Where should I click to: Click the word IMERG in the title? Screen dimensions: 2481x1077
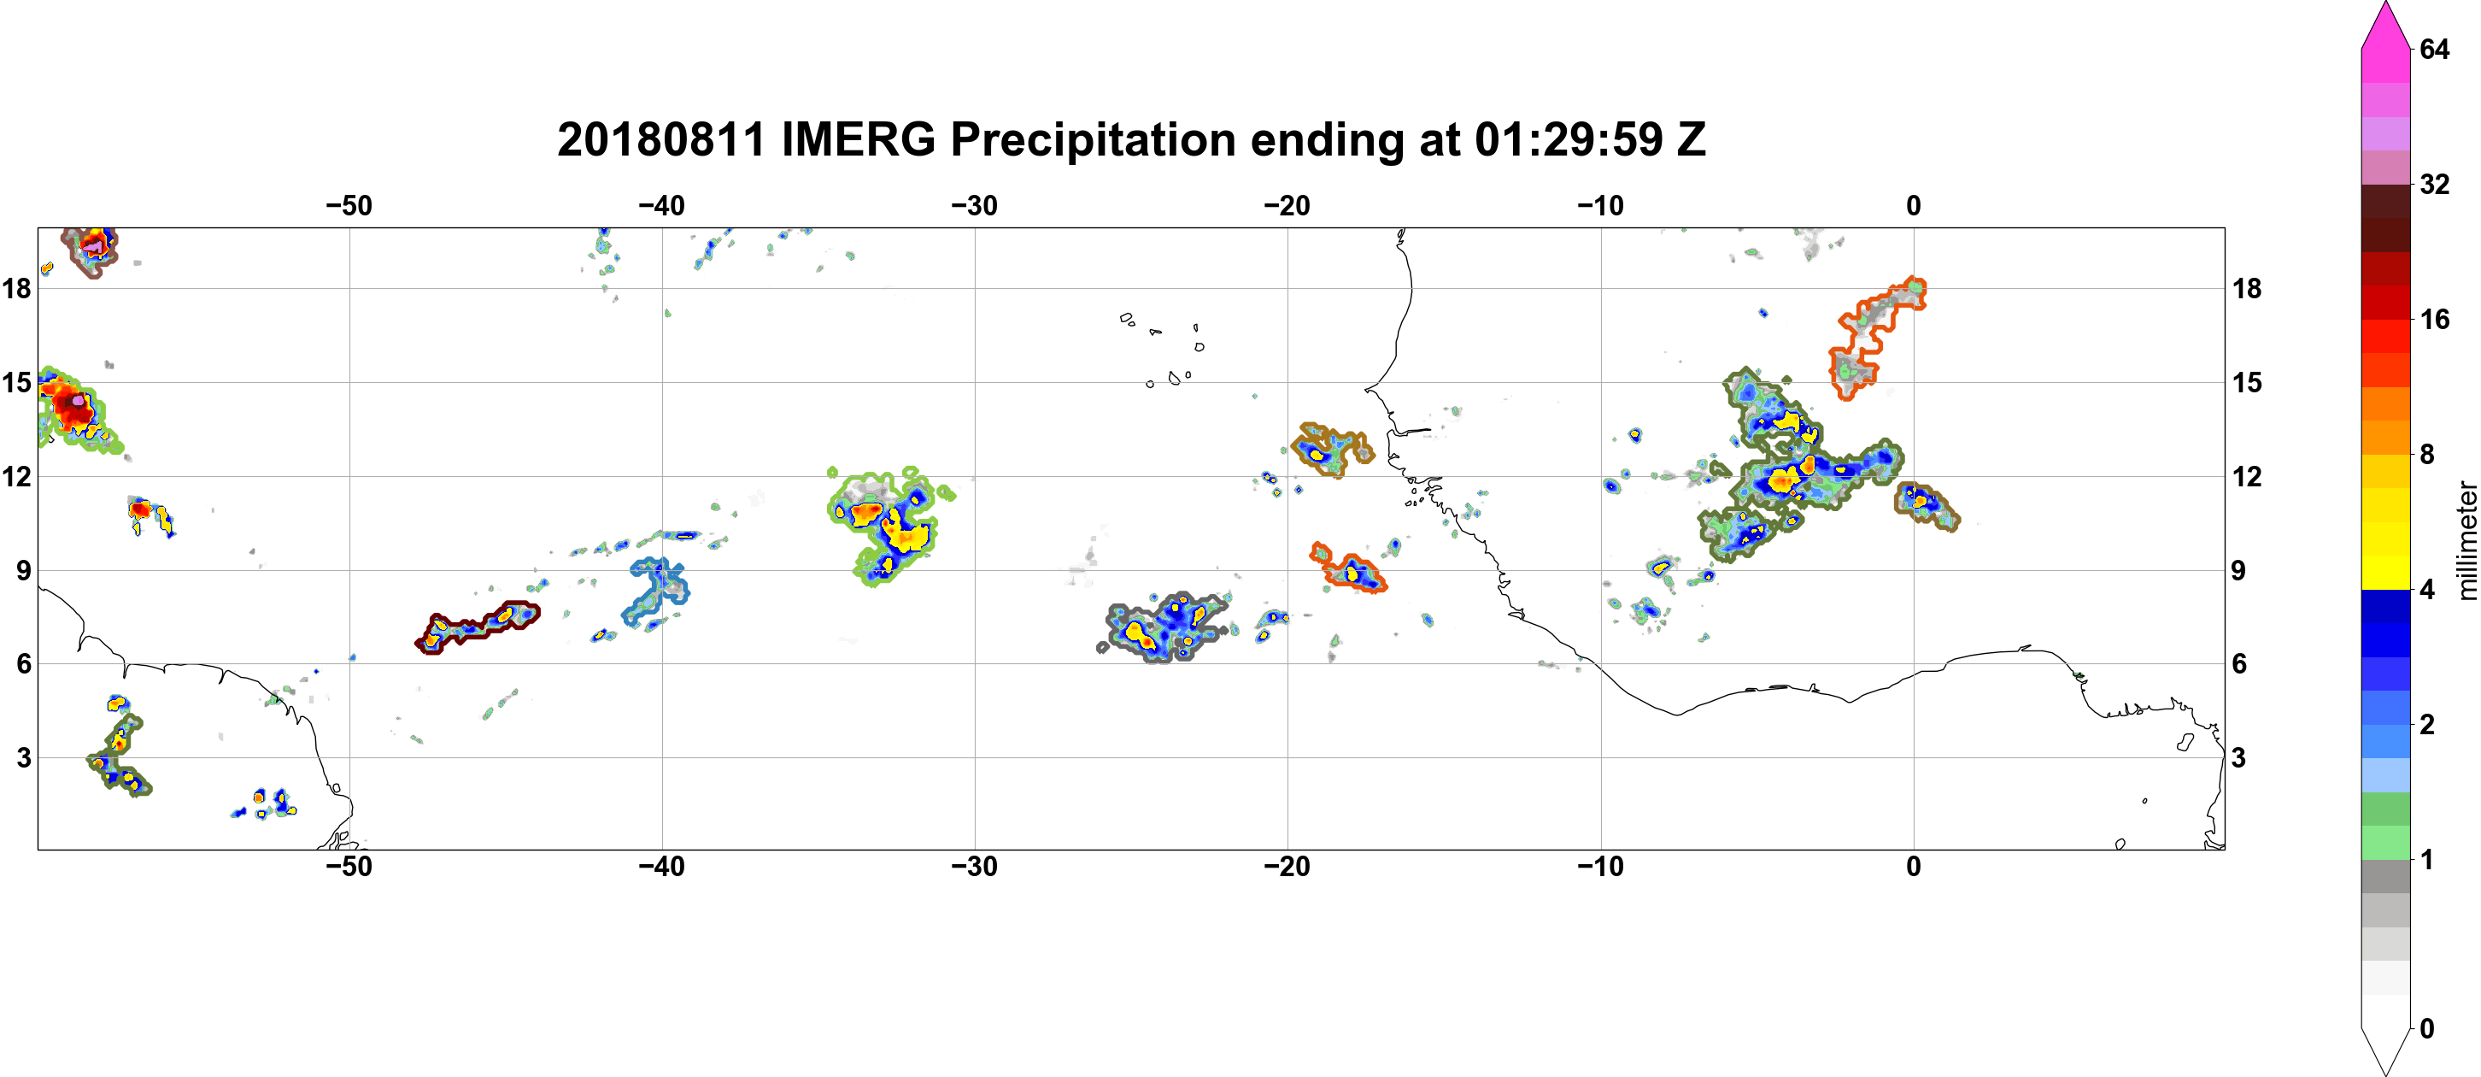tap(858, 139)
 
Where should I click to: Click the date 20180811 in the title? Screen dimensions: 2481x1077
tap(660, 139)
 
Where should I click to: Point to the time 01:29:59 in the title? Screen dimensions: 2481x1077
tap(1569, 139)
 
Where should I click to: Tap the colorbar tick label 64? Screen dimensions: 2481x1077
tap(2434, 49)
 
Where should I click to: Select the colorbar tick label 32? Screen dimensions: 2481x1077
tap(2434, 184)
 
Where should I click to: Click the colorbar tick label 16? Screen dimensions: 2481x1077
tap(2434, 319)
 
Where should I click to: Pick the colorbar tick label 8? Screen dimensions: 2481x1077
tap(2427, 454)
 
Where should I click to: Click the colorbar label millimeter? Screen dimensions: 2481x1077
tap(2466, 540)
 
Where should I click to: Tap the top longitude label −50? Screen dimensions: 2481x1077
tap(349, 206)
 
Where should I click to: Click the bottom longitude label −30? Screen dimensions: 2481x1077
tap(974, 867)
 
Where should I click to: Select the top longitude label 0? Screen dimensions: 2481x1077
tap(1913, 206)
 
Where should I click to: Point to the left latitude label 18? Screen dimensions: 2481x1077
tap(16, 288)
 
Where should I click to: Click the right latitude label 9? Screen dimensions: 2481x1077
tap(2239, 570)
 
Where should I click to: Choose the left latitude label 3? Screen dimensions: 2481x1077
tap(23, 758)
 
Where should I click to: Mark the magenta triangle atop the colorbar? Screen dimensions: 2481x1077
tap(2385, 24)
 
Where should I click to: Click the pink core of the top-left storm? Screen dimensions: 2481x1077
tap(92, 248)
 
